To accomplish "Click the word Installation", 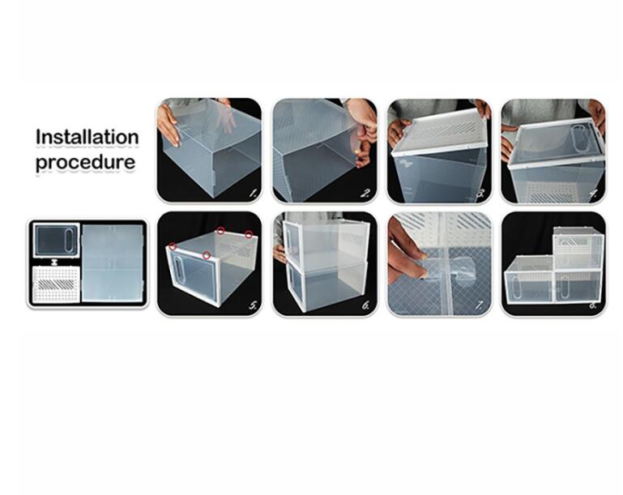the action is coord(87,138).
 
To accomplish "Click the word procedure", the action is coord(85,163).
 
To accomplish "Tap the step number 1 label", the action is coord(253,194).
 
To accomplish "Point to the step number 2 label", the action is coord(366,194).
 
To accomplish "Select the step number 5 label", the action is coord(253,305).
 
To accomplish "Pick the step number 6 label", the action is coord(366,305).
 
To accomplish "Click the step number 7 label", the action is coord(480,305).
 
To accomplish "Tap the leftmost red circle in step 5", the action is coord(173,247).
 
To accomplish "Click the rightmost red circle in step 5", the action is coord(249,234).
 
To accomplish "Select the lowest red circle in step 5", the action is coord(207,255).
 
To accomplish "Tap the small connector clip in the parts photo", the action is coord(55,262).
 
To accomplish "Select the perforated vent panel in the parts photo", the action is coord(56,285).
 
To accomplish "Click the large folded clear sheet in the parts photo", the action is coord(113,262).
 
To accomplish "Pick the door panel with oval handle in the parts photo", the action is coord(56,241).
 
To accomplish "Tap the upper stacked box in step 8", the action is coord(578,248).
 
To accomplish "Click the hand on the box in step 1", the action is coord(169,125).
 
